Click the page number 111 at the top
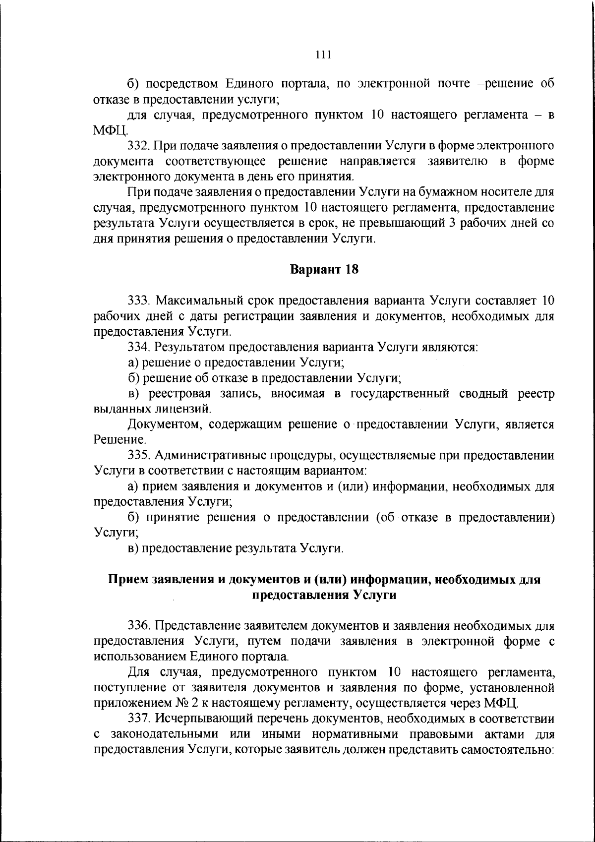323,55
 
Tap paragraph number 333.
138,301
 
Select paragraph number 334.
138,348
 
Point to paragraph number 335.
138,455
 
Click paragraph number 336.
138,626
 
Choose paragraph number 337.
138,719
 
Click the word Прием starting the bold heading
124,580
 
